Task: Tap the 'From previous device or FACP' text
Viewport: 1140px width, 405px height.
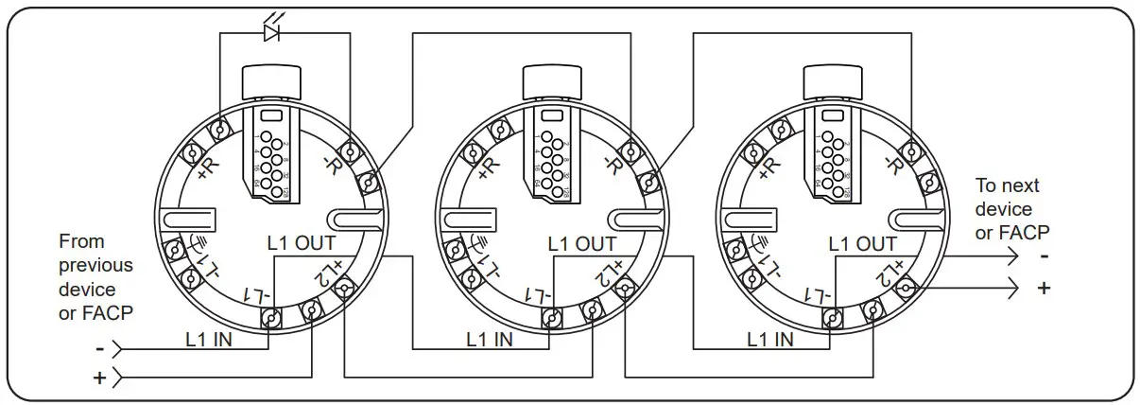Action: (95, 277)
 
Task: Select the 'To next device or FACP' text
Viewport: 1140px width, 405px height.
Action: (1012, 208)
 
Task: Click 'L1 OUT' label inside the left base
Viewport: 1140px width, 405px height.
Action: (302, 243)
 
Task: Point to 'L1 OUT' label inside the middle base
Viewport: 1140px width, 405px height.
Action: (581, 243)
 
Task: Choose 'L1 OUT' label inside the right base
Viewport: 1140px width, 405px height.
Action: (862, 243)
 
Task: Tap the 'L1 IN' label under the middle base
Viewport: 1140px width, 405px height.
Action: (490, 338)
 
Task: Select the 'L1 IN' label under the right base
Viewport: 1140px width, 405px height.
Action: (770, 338)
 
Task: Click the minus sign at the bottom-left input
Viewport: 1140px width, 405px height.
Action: (99, 348)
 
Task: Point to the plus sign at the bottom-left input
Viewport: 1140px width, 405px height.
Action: (99, 379)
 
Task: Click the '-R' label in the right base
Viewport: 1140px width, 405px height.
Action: (891, 166)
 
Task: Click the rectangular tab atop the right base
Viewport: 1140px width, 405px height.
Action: (831, 83)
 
